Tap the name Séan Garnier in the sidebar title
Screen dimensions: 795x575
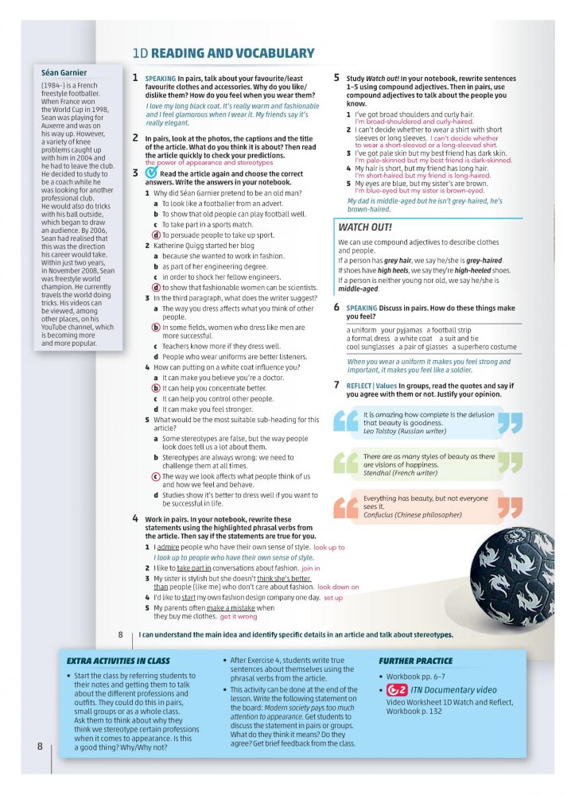(x=64, y=72)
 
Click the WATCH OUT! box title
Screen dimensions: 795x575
(x=365, y=227)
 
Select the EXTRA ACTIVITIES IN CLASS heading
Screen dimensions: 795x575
(x=118, y=661)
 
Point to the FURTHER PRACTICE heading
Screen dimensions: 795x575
(x=415, y=661)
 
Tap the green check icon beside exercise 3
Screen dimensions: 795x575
(x=151, y=173)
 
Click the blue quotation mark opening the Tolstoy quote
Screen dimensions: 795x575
(x=346, y=421)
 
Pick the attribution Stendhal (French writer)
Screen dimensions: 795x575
(x=400, y=473)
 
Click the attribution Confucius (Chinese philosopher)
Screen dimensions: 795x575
(x=412, y=514)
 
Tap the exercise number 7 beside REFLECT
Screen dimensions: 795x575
(x=337, y=385)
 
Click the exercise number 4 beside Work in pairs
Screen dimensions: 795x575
(x=136, y=518)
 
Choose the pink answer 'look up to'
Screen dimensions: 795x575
(x=329, y=548)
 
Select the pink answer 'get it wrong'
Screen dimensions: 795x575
(x=239, y=616)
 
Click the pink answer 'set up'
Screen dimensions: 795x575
(x=333, y=597)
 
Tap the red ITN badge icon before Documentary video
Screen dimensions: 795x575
(x=397, y=690)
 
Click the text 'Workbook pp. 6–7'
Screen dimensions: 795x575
(x=415, y=676)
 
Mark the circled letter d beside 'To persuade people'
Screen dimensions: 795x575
(x=156, y=235)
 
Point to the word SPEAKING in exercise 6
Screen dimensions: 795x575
(x=362, y=308)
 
